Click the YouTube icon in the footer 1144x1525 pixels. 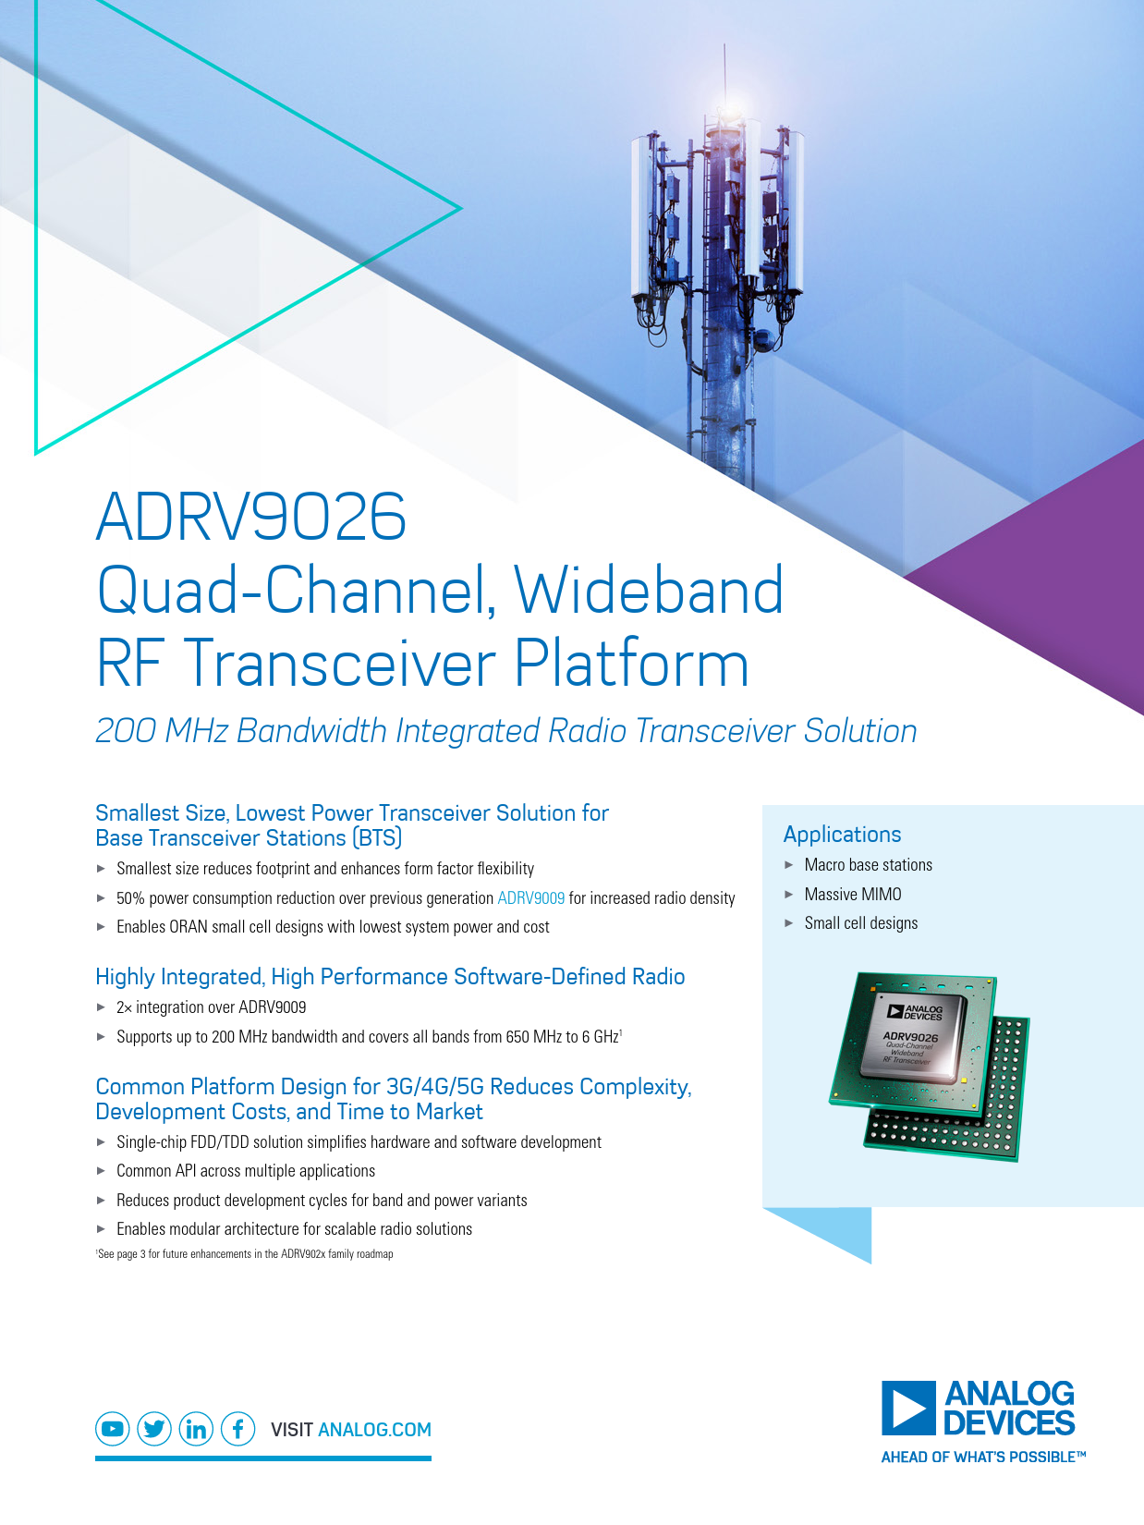click(113, 1429)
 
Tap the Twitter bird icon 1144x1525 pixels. click(154, 1429)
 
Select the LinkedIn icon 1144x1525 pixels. click(196, 1429)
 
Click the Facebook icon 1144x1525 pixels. click(237, 1429)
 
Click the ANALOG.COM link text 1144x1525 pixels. click(374, 1430)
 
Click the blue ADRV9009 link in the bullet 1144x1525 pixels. click(530, 897)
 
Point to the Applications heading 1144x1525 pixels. click(842, 835)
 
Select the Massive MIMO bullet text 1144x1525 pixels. click(853, 894)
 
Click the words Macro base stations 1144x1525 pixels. click(869, 865)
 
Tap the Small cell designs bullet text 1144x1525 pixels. click(861, 923)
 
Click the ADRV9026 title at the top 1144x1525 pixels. click(250, 517)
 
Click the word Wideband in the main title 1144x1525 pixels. click(649, 590)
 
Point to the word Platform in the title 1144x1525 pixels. click(631, 664)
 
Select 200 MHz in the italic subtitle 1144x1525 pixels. click(162, 731)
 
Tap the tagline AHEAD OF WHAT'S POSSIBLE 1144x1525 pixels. click(983, 1457)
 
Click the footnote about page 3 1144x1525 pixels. click(245, 1254)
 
